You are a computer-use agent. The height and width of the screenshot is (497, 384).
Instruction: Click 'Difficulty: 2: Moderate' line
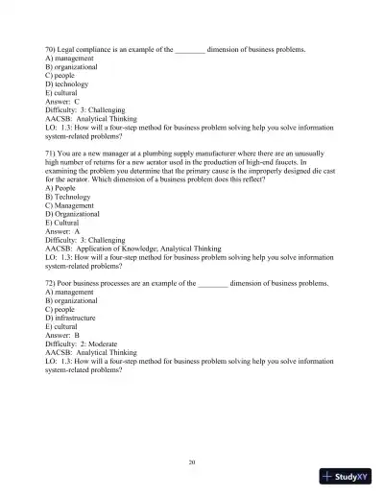[88, 347]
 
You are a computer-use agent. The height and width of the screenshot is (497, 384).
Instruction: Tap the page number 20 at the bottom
[193, 462]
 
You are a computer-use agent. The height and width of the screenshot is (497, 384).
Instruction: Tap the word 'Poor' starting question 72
[71, 285]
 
